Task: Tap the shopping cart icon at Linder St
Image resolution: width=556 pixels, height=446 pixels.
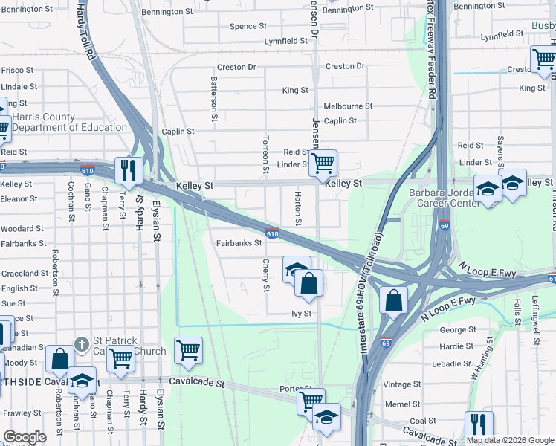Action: click(x=323, y=162)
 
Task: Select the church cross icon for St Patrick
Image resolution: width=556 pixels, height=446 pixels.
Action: click(x=82, y=346)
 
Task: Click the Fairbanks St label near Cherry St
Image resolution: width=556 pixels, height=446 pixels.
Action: click(x=239, y=242)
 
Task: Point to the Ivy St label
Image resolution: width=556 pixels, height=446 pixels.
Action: click(x=300, y=314)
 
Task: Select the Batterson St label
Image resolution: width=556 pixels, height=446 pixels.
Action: click(x=214, y=98)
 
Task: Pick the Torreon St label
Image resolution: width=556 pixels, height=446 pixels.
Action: click(x=265, y=154)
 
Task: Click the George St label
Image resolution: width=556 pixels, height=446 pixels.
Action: click(x=458, y=330)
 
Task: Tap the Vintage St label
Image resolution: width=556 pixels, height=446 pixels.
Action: click(x=402, y=384)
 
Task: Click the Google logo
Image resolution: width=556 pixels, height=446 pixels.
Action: click(x=25, y=437)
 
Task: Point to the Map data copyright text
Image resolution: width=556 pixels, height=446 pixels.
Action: click(x=509, y=440)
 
